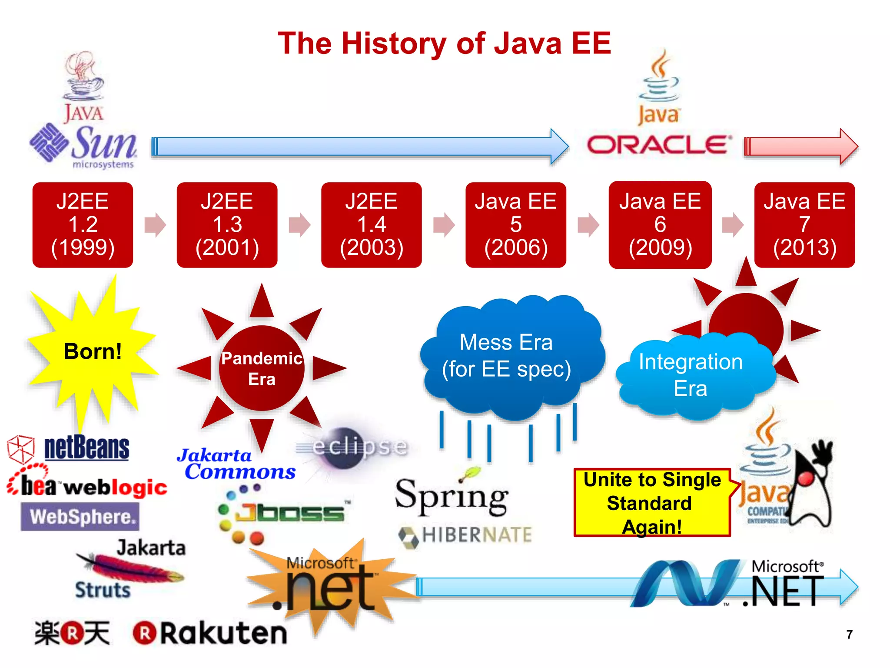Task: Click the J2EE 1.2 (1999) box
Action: point(83,224)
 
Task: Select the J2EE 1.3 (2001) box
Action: point(227,224)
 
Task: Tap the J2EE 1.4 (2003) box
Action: point(372,224)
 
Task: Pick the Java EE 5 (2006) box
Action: point(516,224)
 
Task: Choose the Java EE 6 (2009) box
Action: point(660,224)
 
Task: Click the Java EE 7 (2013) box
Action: point(804,224)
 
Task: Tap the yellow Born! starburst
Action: point(92,351)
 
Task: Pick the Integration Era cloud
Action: point(691,375)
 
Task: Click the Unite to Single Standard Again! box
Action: point(652,503)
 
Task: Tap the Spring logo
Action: point(452,496)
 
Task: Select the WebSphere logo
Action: point(80,517)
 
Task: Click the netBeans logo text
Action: point(86,448)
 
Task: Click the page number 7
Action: point(849,635)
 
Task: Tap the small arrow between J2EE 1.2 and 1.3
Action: point(155,224)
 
